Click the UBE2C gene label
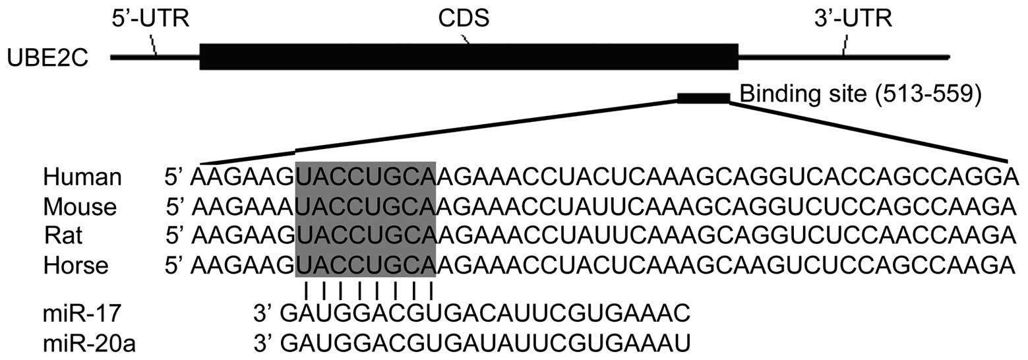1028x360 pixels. [48, 57]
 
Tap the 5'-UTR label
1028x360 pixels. [150, 19]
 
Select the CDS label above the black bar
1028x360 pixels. [464, 19]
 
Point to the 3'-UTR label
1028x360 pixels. [853, 19]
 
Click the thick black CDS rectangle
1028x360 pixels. [468, 57]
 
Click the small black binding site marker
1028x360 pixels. [704, 99]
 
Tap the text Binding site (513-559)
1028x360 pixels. [861, 94]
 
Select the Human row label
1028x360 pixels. [82, 177]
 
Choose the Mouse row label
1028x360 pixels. [80, 207]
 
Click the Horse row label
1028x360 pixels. [76, 265]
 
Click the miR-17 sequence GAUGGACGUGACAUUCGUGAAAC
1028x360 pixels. [485, 312]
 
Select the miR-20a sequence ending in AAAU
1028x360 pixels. [485, 342]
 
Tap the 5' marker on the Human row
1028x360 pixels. [175, 177]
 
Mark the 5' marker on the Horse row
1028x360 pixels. [175, 265]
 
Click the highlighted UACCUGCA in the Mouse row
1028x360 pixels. [365, 207]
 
